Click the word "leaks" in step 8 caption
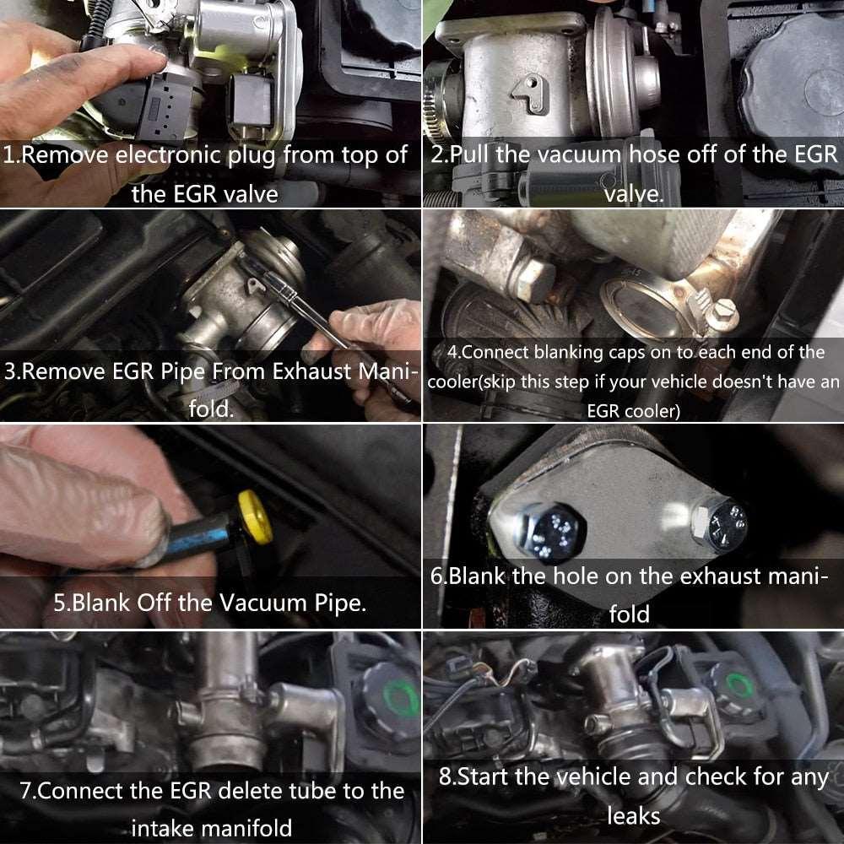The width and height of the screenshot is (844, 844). pyautogui.click(x=633, y=815)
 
